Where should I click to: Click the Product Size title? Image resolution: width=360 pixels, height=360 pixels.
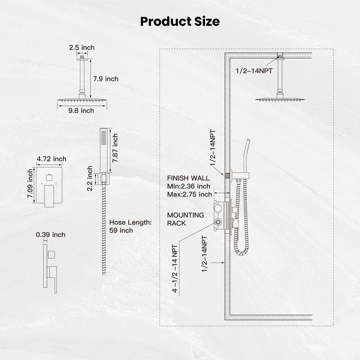180,22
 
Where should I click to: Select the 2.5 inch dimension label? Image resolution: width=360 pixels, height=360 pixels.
82,48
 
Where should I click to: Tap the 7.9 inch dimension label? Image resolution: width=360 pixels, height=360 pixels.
105,79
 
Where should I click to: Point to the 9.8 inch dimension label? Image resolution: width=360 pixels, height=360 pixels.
82,110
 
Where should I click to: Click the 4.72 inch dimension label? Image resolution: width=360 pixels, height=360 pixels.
51,159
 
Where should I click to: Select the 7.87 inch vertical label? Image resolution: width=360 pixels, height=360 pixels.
115,148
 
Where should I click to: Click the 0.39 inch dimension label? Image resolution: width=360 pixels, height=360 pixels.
51,235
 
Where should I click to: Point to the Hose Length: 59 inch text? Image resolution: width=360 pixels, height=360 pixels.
130,226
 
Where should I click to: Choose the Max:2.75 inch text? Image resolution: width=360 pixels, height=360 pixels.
190,194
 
